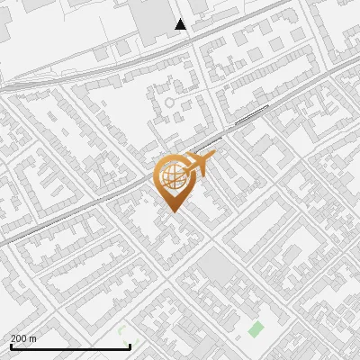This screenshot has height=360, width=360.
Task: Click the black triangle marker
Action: [181, 24]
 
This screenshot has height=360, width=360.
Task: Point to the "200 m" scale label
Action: [23, 338]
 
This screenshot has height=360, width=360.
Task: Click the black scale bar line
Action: [70, 346]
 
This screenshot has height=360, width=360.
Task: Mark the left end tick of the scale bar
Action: [11, 345]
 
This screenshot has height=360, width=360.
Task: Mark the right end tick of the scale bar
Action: [130, 345]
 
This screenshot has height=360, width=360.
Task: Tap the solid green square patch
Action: [256, 329]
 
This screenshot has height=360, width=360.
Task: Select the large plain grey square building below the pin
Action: [215, 265]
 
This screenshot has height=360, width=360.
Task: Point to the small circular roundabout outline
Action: [168, 103]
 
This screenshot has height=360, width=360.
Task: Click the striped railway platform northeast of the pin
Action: [252, 115]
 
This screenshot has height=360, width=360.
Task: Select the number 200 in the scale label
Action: [19, 338]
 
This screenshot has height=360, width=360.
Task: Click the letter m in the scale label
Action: [33, 338]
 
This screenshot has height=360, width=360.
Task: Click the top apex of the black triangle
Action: [181, 19]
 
